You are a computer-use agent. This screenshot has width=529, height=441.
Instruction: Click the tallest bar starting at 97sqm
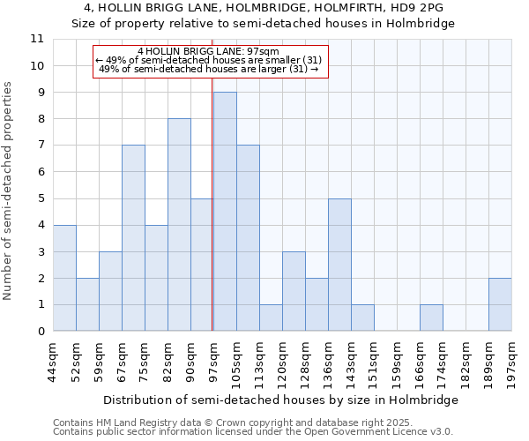[x=225, y=212]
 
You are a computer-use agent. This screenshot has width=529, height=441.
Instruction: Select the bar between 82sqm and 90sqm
[x=179, y=225]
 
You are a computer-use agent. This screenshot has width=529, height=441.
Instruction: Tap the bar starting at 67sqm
[x=133, y=238]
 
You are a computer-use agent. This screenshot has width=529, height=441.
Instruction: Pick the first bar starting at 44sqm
[x=64, y=278]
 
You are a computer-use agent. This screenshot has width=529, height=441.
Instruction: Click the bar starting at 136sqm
[x=339, y=265]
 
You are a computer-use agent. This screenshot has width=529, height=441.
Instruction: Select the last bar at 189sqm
[x=500, y=304]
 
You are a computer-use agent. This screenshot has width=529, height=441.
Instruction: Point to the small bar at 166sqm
[x=431, y=318]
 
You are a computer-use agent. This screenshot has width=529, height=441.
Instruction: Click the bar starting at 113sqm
[x=271, y=318]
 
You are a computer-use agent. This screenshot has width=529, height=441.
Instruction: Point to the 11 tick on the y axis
[x=37, y=39]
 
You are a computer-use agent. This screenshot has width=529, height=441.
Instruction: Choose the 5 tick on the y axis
[x=40, y=198]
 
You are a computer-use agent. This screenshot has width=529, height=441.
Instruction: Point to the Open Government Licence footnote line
[x=253, y=432]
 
